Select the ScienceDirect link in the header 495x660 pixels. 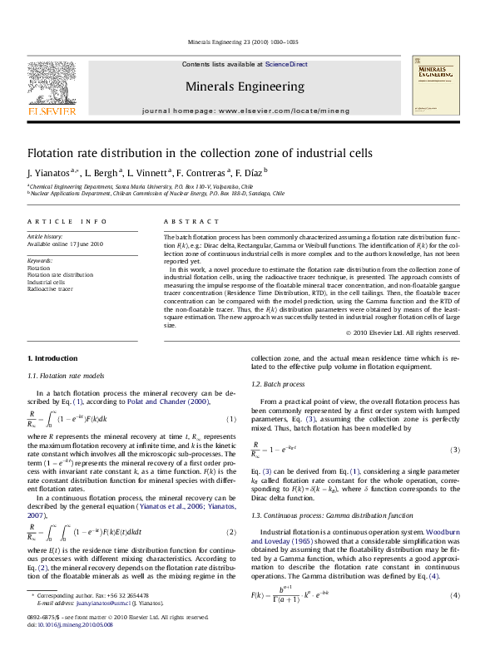tap(286, 64)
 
